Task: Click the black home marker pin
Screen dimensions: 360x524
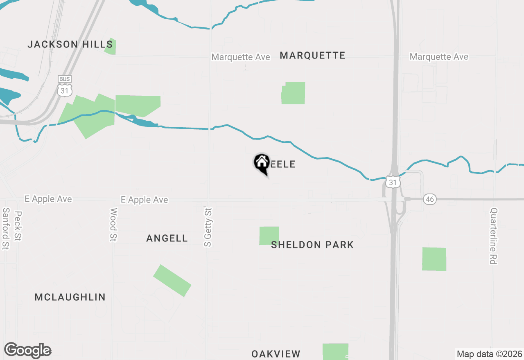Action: [x=262, y=163]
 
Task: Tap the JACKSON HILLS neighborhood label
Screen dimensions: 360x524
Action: [x=70, y=44]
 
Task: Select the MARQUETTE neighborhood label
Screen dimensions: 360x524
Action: [x=312, y=55]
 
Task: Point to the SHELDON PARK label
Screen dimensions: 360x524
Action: [x=312, y=245]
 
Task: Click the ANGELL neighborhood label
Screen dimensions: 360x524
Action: [x=167, y=238]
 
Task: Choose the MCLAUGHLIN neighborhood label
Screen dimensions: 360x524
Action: [x=70, y=297]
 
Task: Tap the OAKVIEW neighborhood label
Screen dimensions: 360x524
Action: [x=276, y=354]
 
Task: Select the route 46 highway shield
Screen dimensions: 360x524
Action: [x=430, y=199]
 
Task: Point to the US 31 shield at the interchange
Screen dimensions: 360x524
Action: [x=393, y=182]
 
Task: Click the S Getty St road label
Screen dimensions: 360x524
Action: [x=208, y=227]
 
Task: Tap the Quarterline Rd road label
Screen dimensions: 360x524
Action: [x=494, y=236]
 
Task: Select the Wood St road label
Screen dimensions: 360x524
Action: [x=113, y=225]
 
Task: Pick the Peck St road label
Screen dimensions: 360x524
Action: [x=18, y=226]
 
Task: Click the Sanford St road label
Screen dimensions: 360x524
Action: [x=6, y=228]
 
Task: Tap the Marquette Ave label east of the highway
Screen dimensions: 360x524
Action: [x=439, y=56]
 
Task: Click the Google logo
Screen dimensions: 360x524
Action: [x=28, y=351]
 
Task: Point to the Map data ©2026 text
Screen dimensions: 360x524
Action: [x=489, y=354]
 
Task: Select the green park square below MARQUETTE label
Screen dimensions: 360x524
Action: [x=294, y=93]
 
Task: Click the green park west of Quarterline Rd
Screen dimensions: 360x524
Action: [x=434, y=259]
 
